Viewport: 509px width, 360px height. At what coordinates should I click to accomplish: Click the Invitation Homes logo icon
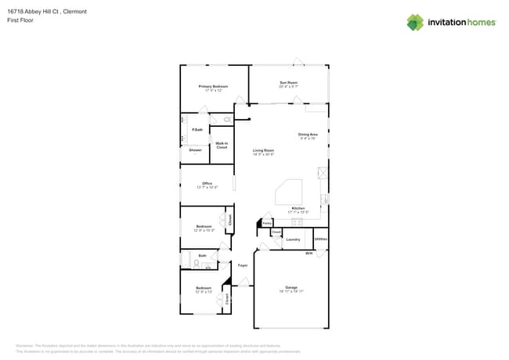point(415,22)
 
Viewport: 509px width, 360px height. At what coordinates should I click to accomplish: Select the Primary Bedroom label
point(208,86)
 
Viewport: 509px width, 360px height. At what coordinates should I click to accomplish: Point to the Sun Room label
point(288,82)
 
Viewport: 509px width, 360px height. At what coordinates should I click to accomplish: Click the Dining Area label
point(308,135)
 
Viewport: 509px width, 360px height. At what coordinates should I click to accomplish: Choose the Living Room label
point(263,150)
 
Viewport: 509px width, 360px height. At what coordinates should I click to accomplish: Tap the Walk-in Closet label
point(222,145)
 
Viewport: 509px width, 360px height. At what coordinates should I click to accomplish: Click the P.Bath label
point(197,129)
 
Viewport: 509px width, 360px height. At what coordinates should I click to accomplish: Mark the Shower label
point(195,149)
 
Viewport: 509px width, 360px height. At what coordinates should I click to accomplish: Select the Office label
point(207,184)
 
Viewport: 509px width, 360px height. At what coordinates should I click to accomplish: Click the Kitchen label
point(298,208)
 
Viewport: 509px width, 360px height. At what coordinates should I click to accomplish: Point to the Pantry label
point(267,223)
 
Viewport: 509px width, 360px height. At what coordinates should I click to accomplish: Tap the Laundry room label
point(293,239)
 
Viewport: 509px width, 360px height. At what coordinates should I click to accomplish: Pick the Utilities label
point(320,239)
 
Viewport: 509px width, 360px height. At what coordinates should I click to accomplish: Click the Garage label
point(291,287)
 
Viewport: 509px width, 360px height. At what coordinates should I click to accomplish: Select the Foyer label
point(243,265)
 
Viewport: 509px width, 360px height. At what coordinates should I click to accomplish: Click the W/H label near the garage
point(309,253)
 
